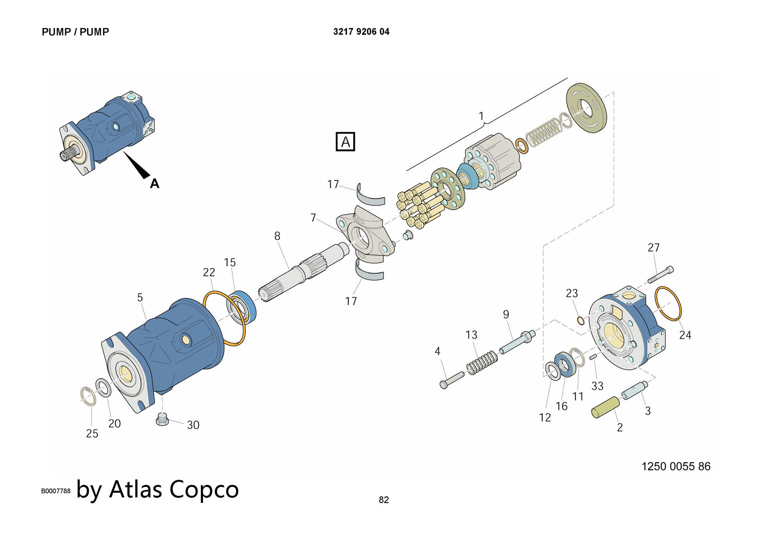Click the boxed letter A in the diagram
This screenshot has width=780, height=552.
coord(345,142)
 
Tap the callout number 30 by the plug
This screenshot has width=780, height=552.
coord(193,425)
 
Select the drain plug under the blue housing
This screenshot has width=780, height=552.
coord(162,419)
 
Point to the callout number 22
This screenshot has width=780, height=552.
coord(209,272)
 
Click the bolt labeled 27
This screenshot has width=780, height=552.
coord(661,275)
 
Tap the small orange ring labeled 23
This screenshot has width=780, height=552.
coord(581,321)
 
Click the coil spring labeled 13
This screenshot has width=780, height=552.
coord(482,363)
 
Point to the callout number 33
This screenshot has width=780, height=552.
coord(597,386)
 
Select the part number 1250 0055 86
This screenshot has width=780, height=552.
coord(676,466)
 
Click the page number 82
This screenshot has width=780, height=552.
coord(384,500)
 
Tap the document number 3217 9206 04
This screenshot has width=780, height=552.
coord(361,32)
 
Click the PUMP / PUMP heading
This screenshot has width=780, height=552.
coord(75,32)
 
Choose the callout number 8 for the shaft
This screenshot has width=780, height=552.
coord(277,236)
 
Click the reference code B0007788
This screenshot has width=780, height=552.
coord(56,491)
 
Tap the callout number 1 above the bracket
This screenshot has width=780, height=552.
coord(481,116)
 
